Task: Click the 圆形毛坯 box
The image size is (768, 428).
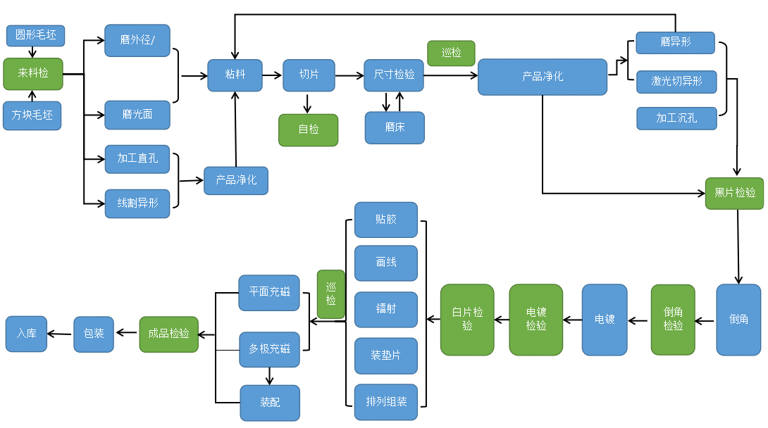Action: click(x=35, y=34)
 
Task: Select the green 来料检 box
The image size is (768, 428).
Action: click(x=33, y=73)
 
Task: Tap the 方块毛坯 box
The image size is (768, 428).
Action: click(x=32, y=115)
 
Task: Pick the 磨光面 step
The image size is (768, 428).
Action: click(x=137, y=115)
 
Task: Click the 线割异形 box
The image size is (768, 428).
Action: click(x=137, y=203)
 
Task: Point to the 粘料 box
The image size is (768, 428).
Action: click(x=235, y=75)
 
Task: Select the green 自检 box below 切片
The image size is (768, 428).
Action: click(x=308, y=130)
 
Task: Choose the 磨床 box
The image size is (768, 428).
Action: click(x=395, y=127)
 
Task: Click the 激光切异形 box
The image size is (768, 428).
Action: click(x=676, y=82)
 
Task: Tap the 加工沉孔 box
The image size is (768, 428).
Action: click(x=676, y=118)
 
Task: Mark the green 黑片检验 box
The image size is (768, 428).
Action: click(x=734, y=193)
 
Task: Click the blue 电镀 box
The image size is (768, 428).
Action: click(x=605, y=320)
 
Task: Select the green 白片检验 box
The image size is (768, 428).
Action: click(x=467, y=320)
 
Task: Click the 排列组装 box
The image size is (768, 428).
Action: click(x=386, y=402)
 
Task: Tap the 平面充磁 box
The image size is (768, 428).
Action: click(x=269, y=292)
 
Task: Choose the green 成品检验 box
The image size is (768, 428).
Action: click(x=169, y=334)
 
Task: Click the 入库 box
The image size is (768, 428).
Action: click(x=27, y=334)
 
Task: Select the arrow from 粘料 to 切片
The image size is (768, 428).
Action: click(x=272, y=75)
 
